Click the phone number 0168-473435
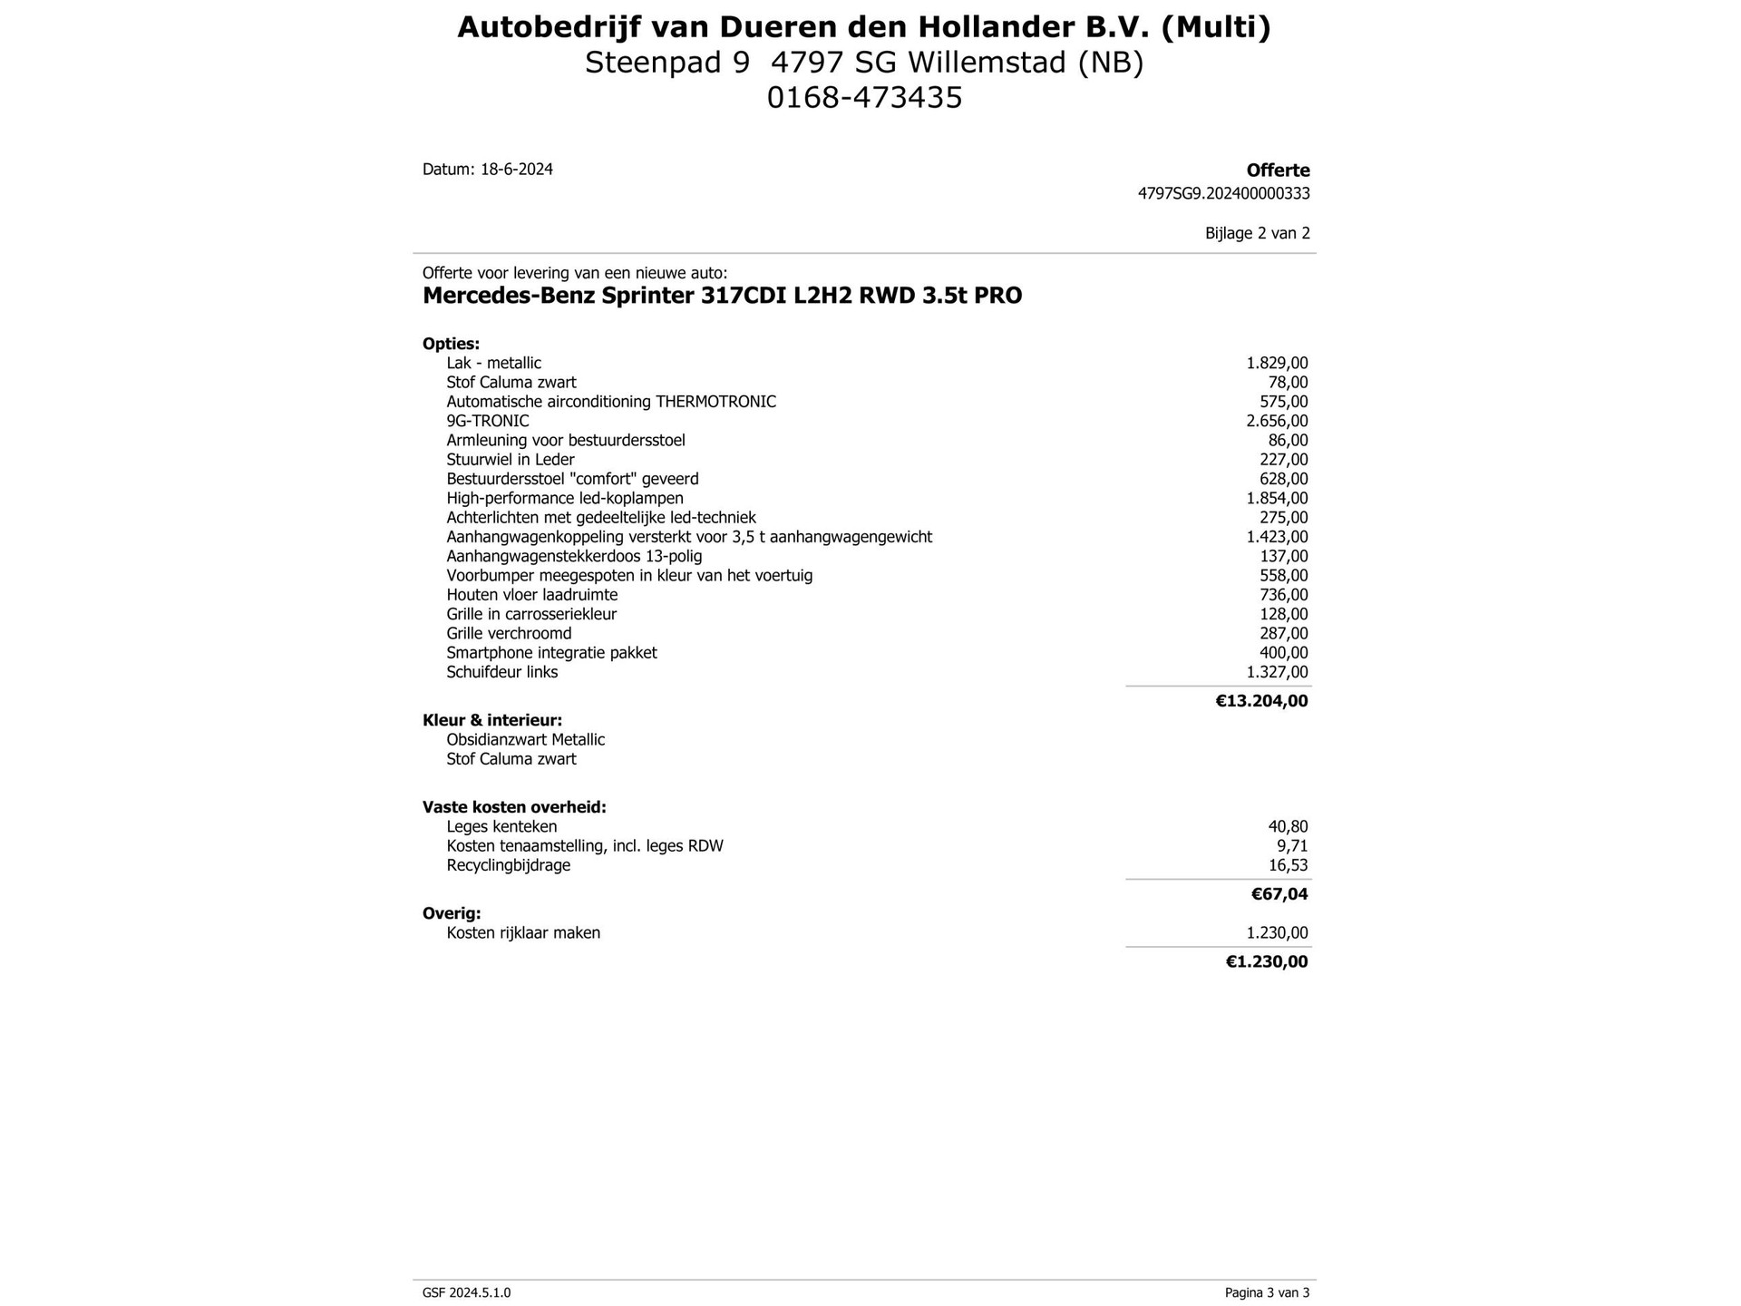click(x=864, y=97)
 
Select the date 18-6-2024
click(x=516, y=170)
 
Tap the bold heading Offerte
click(x=1278, y=171)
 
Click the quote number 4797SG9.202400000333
click(x=1223, y=193)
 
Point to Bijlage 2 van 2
click(x=1257, y=233)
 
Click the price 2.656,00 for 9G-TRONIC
click(x=1277, y=421)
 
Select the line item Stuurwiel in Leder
click(x=510, y=460)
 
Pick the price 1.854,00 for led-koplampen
click(x=1277, y=498)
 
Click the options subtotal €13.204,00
click(x=1261, y=700)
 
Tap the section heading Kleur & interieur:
click(x=491, y=720)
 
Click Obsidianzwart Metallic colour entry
click(x=525, y=739)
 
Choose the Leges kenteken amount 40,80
click(x=1288, y=826)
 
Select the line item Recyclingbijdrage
click(x=508, y=865)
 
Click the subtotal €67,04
click(x=1279, y=894)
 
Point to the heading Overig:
click(x=452, y=913)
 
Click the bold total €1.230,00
click(x=1267, y=961)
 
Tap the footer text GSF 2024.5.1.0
click(x=466, y=1292)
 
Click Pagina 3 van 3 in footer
click(x=1267, y=1292)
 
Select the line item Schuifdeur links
click(x=501, y=672)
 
